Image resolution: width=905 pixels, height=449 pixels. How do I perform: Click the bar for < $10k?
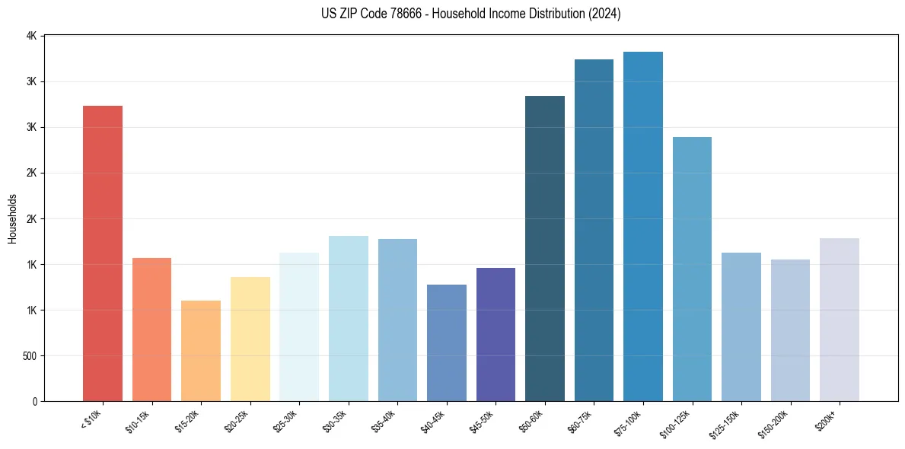click(103, 253)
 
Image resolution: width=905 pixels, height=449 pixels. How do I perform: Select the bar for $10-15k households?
click(151, 330)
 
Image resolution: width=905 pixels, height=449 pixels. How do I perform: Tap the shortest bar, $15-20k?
click(201, 351)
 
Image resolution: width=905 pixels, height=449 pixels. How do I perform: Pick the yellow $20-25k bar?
click(250, 339)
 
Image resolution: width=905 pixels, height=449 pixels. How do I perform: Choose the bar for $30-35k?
click(348, 318)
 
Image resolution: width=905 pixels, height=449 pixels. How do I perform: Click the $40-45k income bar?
click(446, 342)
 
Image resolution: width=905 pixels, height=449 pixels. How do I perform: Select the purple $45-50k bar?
click(496, 334)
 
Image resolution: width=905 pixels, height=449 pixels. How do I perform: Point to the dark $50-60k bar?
click(545, 248)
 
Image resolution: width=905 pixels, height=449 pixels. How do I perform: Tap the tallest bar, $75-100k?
click(643, 226)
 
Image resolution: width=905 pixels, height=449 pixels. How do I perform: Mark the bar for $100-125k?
click(692, 269)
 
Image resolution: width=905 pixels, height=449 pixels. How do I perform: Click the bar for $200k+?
click(840, 320)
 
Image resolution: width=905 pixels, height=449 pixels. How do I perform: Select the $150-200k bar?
click(790, 330)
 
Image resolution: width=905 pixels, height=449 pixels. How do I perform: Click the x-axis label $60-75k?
click(581, 421)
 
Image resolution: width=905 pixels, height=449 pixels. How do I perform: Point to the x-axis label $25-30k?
click(286, 421)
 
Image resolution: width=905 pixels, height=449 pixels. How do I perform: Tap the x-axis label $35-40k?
click(384, 421)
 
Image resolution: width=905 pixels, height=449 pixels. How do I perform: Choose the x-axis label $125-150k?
click(727, 423)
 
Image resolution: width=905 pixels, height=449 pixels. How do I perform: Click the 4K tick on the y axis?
click(31, 36)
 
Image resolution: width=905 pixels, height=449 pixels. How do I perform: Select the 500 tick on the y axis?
click(28, 356)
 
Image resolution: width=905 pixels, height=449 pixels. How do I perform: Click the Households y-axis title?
click(12, 218)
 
